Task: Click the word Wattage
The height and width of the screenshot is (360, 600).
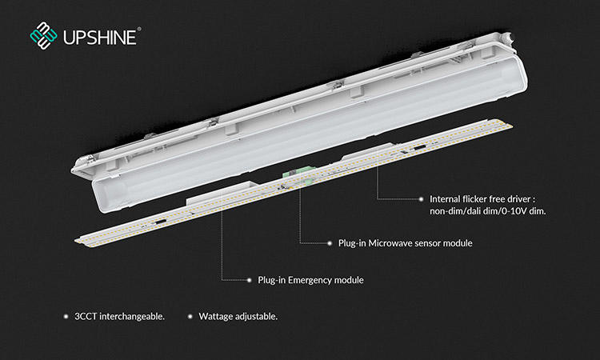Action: (x=217, y=317)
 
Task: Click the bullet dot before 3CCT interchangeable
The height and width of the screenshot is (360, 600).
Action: (x=66, y=317)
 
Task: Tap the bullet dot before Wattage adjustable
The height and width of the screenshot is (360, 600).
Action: (x=190, y=317)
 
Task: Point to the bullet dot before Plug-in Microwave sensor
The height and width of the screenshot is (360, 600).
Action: (x=329, y=242)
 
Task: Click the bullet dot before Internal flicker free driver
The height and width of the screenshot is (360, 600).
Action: (x=422, y=198)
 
